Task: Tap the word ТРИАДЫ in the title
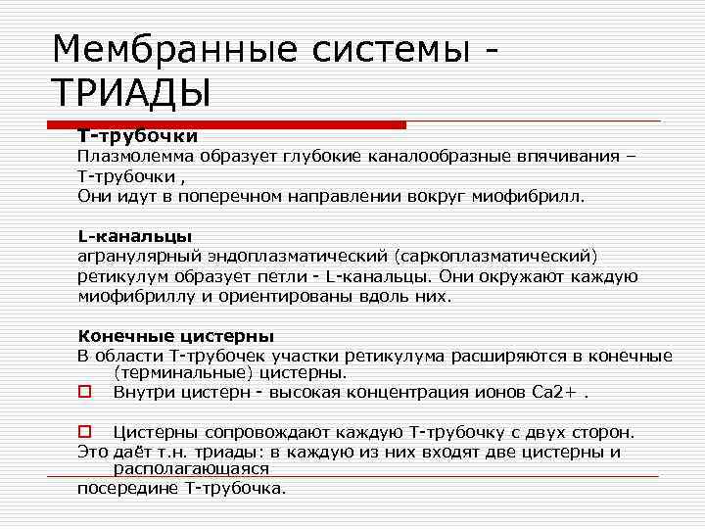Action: coord(129,94)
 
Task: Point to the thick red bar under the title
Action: coord(227,125)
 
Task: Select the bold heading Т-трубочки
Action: coord(138,136)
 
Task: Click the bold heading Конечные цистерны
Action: coord(175,336)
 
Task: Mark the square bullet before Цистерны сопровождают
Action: coord(83,432)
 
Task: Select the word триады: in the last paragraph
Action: coord(227,452)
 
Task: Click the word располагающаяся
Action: coord(191,469)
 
